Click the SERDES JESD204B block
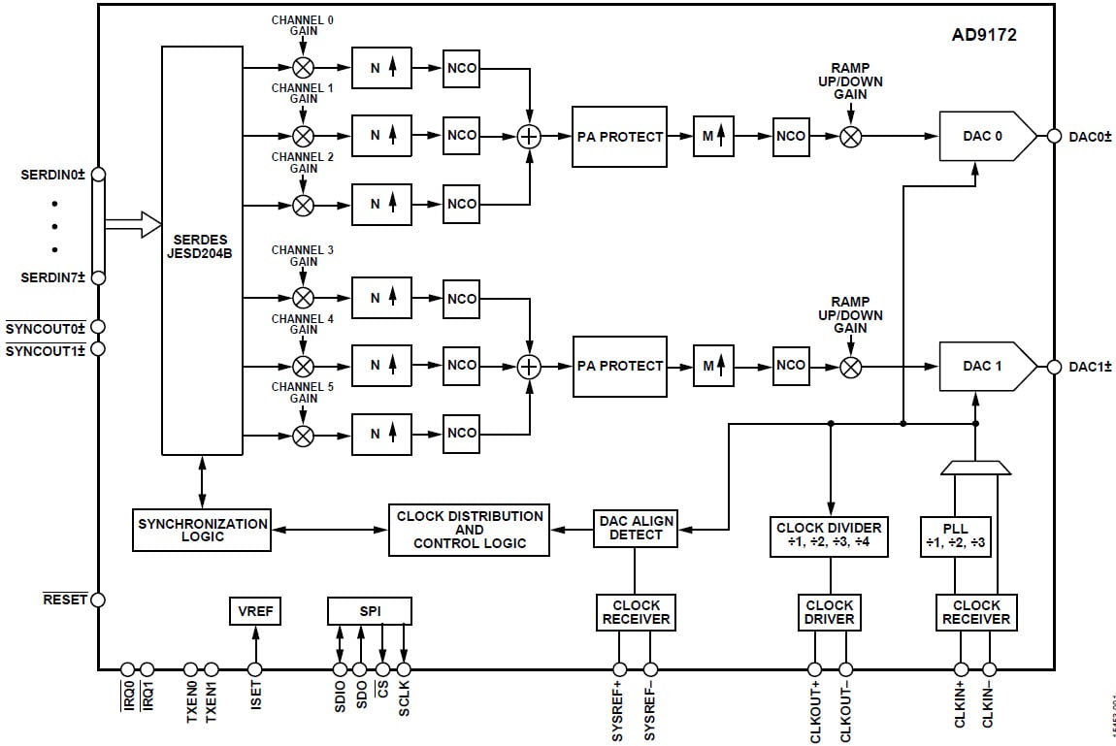pyautogui.click(x=202, y=250)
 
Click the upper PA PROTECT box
pyautogui.click(x=619, y=137)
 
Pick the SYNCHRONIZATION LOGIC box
pyautogui.click(x=202, y=530)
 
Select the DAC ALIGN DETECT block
pyautogui.click(x=635, y=528)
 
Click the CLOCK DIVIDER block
pyautogui.click(x=830, y=535)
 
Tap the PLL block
pyautogui.click(x=956, y=535)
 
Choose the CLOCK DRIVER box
pyautogui.click(x=830, y=612)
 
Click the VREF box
pyautogui.click(x=254, y=611)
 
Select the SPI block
pyautogui.click(x=370, y=611)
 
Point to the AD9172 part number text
pyautogui.click(x=983, y=35)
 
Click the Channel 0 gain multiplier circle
pyautogui.click(x=304, y=67)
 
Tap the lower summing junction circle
pyautogui.click(x=529, y=366)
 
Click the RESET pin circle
pyautogui.click(x=98, y=600)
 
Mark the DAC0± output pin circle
pyautogui.click(x=1054, y=136)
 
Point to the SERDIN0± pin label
pyautogui.click(x=53, y=175)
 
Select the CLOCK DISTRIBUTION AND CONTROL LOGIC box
pyautogui.click(x=469, y=530)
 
